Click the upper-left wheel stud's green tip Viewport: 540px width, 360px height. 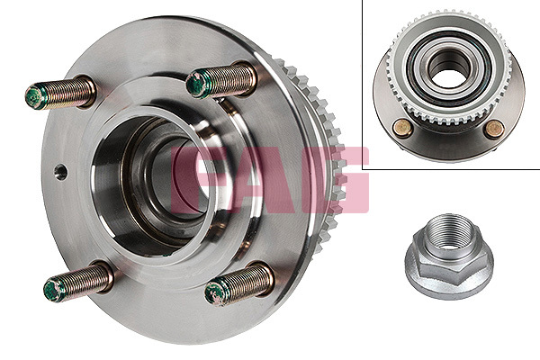point(35,97)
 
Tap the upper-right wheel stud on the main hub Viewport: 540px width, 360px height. point(221,80)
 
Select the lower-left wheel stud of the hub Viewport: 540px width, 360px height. point(78,281)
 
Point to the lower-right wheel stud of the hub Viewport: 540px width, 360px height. point(239,284)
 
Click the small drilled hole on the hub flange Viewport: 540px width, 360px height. point(60,172)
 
